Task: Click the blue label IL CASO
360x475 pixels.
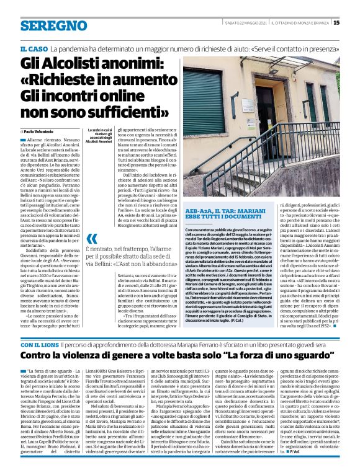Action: click(x=34, y=48)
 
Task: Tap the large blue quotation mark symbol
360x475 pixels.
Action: click(x=91, y=239)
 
